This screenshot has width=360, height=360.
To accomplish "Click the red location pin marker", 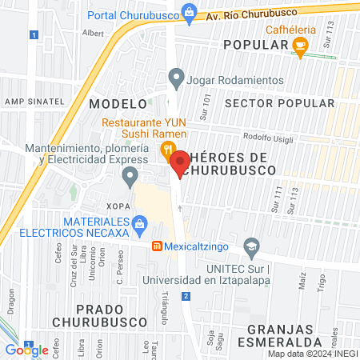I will coord(180,163).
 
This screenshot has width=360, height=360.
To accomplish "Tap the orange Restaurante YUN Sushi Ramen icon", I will coord(167,148).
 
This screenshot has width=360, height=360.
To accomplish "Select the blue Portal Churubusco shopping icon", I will coord(189,11).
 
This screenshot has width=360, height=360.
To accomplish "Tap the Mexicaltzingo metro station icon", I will coord(158,247).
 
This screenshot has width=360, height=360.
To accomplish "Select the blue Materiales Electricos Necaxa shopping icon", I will coord(140,222).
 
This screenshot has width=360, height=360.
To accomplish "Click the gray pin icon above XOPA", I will coord(129,175).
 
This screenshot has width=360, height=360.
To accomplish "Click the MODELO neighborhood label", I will coord(118,104).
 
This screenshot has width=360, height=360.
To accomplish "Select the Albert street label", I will coord(94,34).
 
